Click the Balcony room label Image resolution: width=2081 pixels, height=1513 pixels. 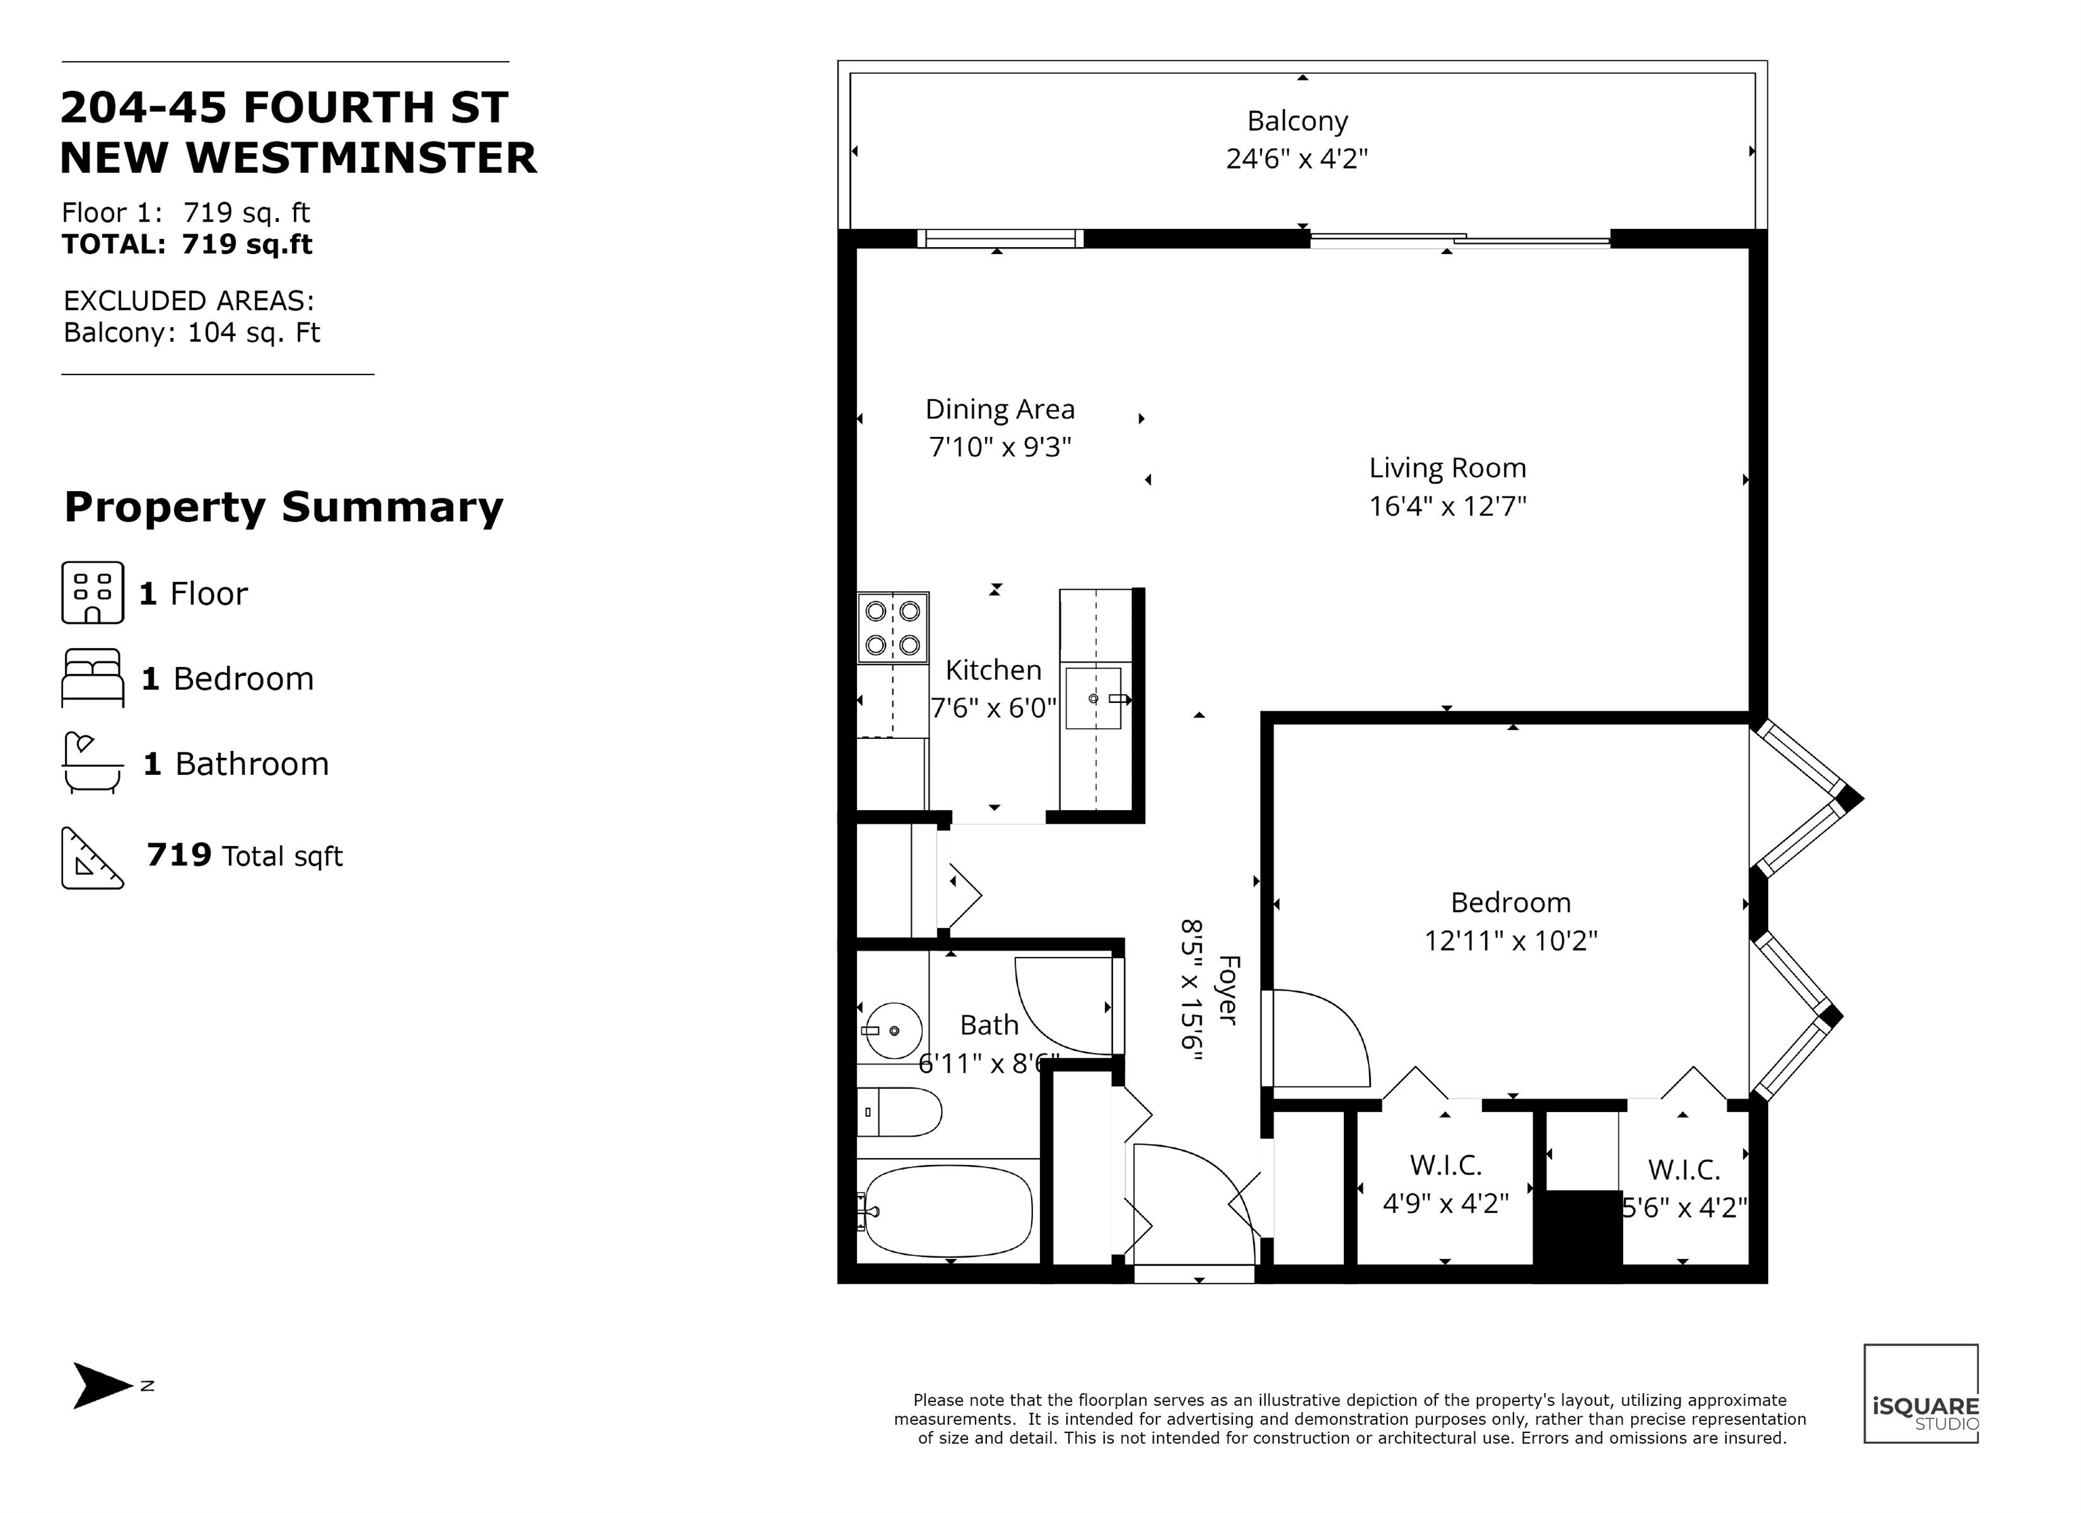point(1297,121)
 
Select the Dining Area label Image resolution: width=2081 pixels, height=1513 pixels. point(999,409)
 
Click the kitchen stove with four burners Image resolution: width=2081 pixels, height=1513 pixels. point(893,628)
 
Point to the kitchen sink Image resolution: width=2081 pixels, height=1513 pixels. point(1094,698)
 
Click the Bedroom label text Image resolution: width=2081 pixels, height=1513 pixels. point(1511,903)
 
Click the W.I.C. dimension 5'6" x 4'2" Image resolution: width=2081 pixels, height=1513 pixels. point(1684,1208)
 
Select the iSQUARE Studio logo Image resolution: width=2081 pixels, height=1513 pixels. point(1920,1394)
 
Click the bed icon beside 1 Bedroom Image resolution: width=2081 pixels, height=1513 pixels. point(93,678)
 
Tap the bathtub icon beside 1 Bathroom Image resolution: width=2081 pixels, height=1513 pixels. point(93,763)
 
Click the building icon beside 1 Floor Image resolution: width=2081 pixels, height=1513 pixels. point(93,593)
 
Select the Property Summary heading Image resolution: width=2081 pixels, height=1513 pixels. point(284,507)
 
